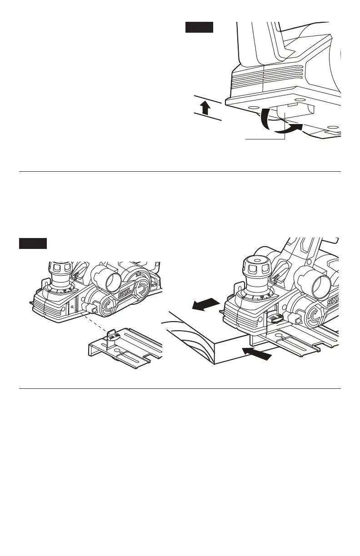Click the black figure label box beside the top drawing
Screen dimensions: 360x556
(199, 28)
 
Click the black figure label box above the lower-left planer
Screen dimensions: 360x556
(33, 243)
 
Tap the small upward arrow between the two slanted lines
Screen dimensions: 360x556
(205, 108)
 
